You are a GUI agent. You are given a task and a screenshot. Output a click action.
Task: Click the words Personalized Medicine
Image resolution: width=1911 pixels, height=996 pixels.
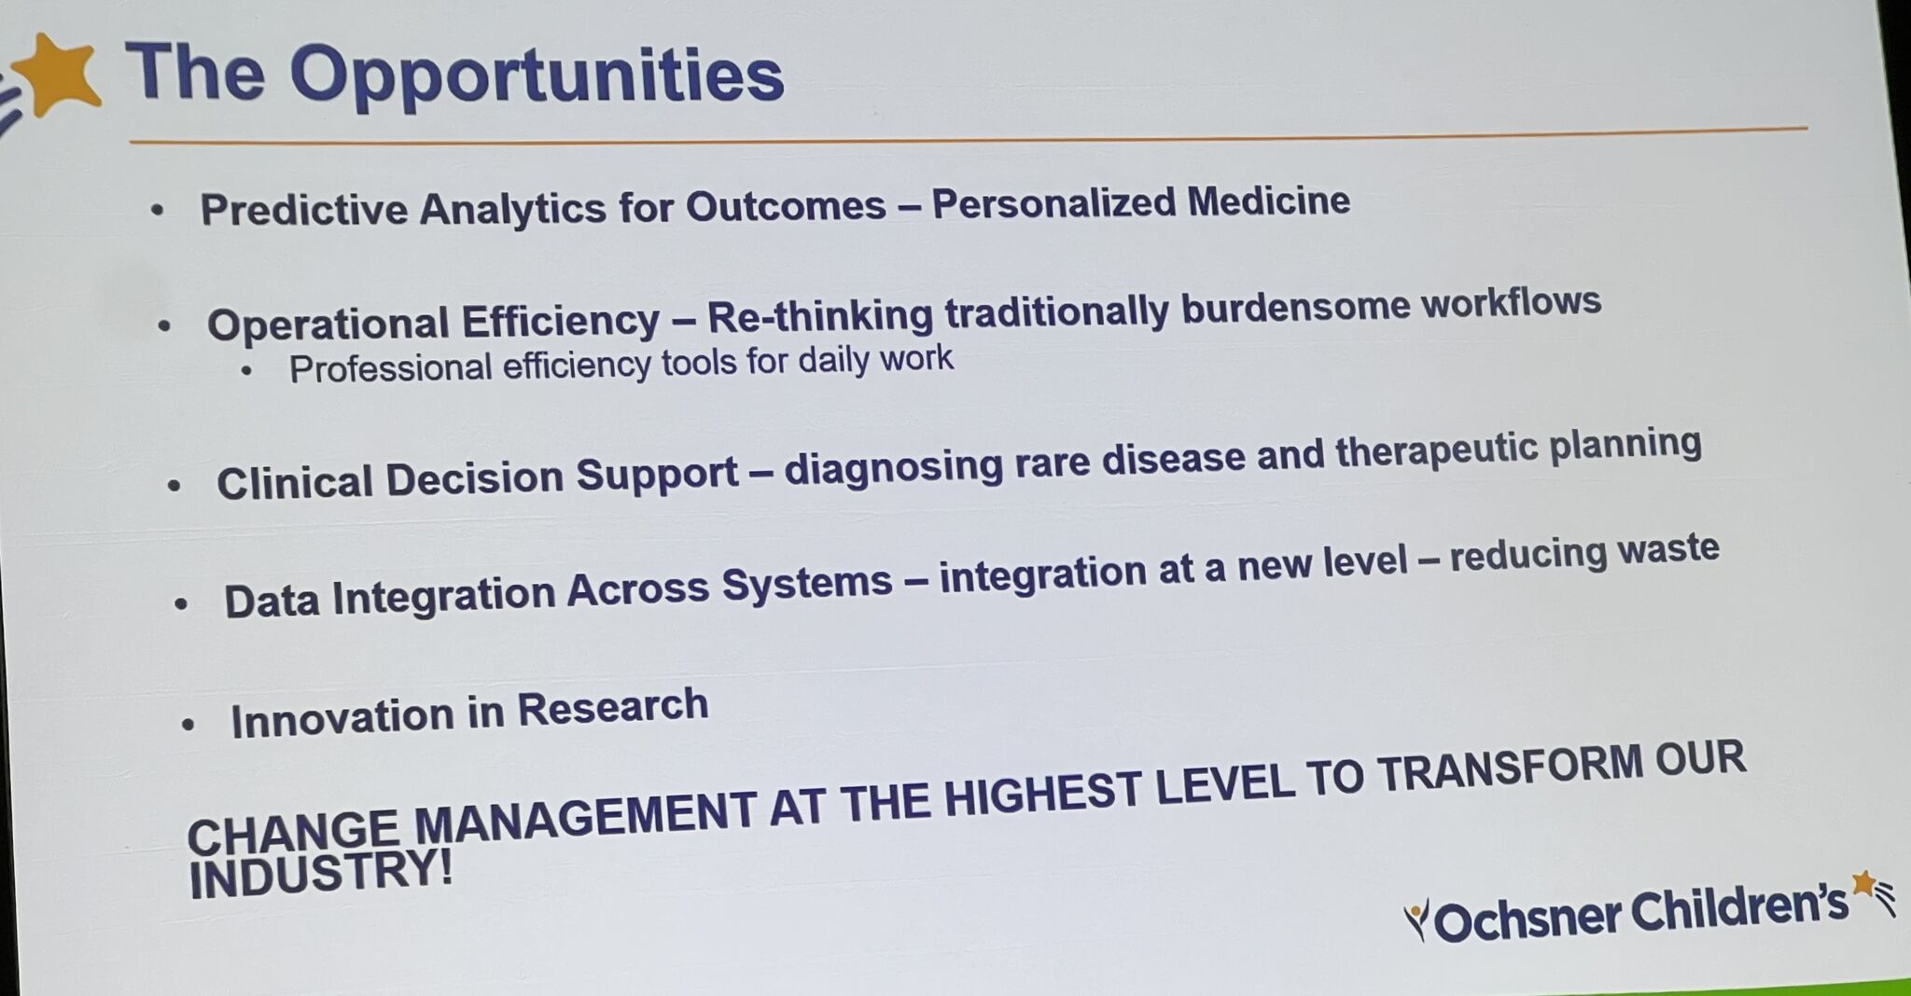tap(1140, 201)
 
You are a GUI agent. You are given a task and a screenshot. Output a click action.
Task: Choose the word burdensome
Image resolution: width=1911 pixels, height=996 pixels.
tap(1295, 308)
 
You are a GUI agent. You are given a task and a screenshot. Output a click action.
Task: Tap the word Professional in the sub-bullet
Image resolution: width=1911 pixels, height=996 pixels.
tap(390, 368)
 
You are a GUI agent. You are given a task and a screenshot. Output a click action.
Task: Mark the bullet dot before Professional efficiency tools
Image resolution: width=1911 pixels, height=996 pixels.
tap(246, 371)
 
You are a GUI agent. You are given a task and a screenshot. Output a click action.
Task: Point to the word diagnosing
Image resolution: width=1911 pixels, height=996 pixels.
tap(893, 467)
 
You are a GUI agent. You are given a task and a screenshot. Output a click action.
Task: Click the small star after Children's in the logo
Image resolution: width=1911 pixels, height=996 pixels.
tap(1863, 883)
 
